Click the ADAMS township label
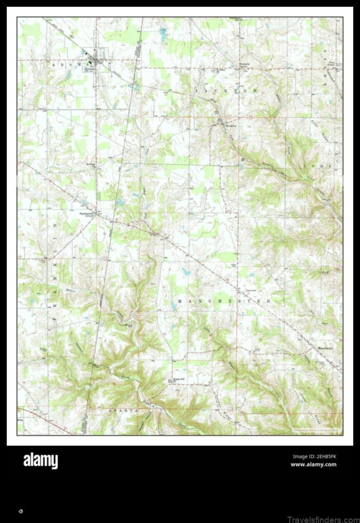(68, 65)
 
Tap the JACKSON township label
(226, 90)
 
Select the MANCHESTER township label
(224, 301)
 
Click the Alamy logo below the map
(40, 460)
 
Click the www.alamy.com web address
(313, 464)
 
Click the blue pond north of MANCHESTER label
(185, 271)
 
